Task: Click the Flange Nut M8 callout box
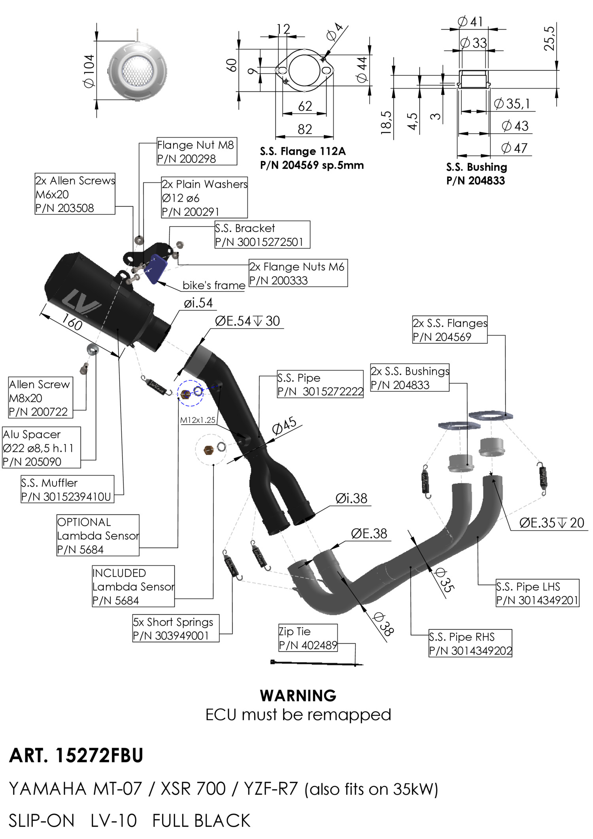click(196, 151)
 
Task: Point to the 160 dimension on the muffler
click(72, 323)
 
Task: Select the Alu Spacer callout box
click(42, 448)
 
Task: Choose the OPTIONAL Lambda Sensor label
click(98, 535)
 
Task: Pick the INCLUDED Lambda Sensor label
click(133, 586)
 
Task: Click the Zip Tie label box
click(308, 638)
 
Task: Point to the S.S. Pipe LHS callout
click(537, 593)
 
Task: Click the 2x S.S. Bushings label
click(410, 378)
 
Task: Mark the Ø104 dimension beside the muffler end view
click(89, 71)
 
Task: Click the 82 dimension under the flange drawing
click(305, 129)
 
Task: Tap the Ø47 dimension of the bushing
click(514, 148)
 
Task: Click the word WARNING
click(298, 695)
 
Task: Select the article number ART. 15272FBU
click(76, 756)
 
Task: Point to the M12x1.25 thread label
click(198, 420)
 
